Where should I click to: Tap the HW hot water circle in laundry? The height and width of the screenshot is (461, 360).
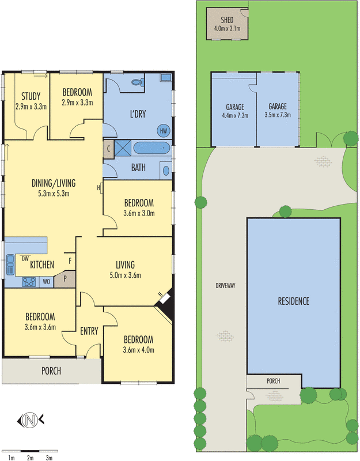tap(163, 130)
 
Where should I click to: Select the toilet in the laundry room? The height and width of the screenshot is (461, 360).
tap(137, 82)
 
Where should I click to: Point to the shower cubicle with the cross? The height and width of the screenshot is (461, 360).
tap(122, 148)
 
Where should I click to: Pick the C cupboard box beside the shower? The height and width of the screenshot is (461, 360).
tap(109, 148)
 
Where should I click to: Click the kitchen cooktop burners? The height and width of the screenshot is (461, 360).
tap(28, 282)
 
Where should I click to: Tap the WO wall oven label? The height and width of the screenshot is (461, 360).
tap(46, 282)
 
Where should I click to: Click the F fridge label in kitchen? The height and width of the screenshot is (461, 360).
tap(70, 260)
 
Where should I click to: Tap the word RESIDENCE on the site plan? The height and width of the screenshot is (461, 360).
tap(294, 301)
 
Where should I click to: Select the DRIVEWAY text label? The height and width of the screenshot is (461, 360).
tap(226, 285)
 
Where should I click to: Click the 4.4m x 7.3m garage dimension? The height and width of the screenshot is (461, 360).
tap(234, 115)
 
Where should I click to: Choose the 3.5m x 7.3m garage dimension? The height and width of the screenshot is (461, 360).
tap(277, 114)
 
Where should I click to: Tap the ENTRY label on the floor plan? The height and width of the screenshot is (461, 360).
tap(89, 331)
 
